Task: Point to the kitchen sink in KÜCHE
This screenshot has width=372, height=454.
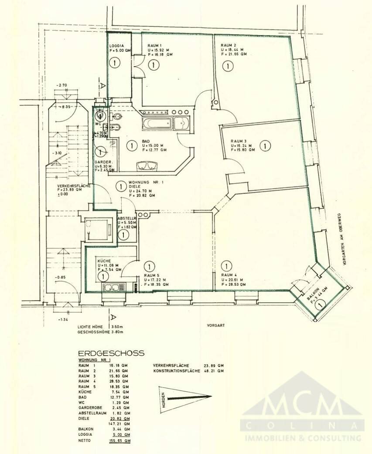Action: pos(113,287)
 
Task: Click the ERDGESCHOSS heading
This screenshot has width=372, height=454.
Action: pos(111,353)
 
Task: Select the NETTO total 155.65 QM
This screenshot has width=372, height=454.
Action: pos(119,441)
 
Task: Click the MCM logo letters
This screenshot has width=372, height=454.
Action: pos(303,407)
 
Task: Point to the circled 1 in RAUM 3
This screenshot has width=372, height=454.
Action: pos(264,146)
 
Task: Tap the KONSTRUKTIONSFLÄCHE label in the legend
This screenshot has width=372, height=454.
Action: pos(176,371)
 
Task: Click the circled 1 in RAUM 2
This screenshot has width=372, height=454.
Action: pos(226,66)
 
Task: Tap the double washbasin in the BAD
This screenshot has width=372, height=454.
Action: pos(146,166)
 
